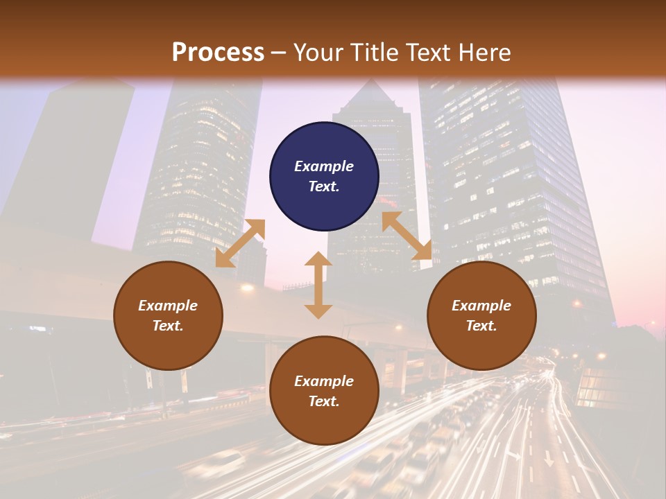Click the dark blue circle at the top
point(324,177)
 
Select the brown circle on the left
point(168,316)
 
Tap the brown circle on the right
point(481,316)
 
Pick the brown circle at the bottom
point(324,391)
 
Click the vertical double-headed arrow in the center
point(318,285)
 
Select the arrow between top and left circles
point(240,243)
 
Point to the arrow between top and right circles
point(407,236)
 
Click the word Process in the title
point(218,53)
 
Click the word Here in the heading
point(484,53)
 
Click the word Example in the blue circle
point(324,166)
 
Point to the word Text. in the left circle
point(168,326)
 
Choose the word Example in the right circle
point(481,306)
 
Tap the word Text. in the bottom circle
point(324,401)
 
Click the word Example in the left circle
point(168,306)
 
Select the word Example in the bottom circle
point(324,381)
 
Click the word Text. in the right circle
point(481,326)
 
